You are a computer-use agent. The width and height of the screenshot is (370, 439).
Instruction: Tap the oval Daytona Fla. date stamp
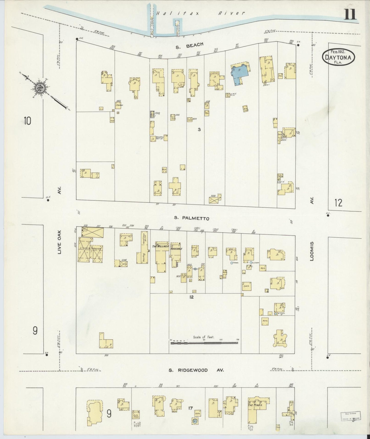(338, 57)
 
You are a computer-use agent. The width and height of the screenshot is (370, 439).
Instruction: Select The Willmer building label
(161, 246)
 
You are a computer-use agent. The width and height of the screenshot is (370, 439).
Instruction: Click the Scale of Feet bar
(204, 342)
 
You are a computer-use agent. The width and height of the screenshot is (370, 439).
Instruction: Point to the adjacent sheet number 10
(27, 120)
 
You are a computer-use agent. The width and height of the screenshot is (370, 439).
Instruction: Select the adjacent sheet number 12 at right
(338, 203)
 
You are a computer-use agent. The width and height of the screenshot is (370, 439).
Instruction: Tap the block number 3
(199, 130)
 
